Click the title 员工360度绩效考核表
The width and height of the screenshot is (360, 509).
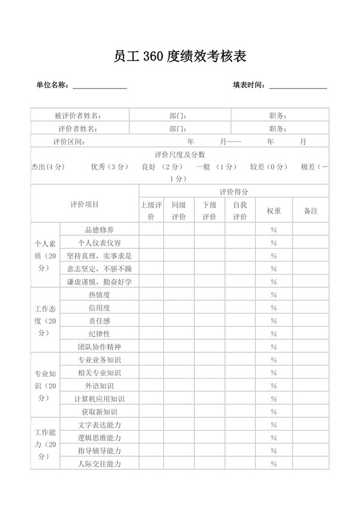click(x=180, y=57)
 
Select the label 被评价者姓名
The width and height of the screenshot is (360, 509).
click(x=78, y=116)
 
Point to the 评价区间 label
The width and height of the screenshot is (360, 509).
click(x=69, y=141)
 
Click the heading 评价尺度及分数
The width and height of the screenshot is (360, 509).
click(x=180, y=154)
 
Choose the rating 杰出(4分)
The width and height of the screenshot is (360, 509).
click(x=48, y=167)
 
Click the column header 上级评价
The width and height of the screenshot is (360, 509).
click(x=151, y=211)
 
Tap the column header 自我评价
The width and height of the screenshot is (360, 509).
click(x=240, y=211)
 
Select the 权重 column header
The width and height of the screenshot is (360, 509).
click(x=273, y=211)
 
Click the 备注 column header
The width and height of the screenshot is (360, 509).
click(x=310, y=211)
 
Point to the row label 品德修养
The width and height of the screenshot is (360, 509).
click(x=100, y=229)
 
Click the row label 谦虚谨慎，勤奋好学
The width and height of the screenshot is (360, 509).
click(x=100, y=281)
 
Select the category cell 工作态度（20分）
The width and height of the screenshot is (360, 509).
click(x=45, y=321)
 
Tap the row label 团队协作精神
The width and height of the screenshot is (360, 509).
click(x=100, y=346)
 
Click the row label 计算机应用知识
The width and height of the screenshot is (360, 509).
click(x=100, y=399)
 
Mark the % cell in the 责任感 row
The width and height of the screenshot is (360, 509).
click(x=273, y=321)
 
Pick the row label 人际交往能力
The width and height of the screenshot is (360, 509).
click(x=100, y=464)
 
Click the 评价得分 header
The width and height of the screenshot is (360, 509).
click(x=234, y=192)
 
